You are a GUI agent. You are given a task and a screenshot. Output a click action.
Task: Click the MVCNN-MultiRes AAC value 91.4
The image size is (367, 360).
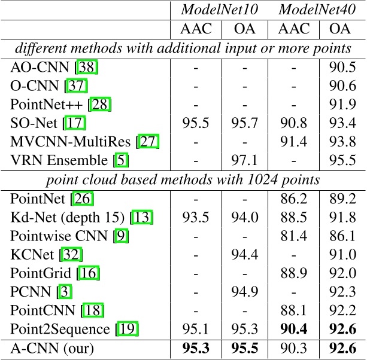coord(293,142)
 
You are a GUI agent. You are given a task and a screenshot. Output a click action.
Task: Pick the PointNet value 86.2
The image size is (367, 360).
coord(293,199)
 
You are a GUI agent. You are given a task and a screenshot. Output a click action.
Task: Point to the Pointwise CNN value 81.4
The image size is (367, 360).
coord(293,236)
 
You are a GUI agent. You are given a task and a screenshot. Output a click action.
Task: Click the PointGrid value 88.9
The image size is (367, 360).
coord(293,273)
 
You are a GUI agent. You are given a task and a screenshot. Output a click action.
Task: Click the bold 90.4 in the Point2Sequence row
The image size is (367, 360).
coord(293,329)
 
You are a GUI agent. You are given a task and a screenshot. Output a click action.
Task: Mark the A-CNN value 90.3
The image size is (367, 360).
coord(293,349)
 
